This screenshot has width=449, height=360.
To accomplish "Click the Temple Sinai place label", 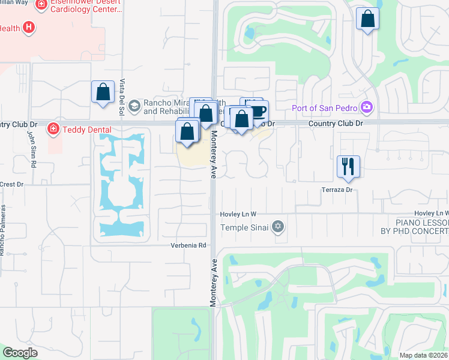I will click(245, 227).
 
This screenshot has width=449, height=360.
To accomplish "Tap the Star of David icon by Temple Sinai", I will click(277, 226).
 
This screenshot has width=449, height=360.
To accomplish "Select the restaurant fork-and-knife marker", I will click(348, 166).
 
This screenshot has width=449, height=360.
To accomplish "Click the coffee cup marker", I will click(258, 111).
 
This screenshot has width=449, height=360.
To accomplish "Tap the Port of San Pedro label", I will click(325, 108).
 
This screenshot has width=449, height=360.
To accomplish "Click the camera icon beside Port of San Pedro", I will click(367, 108).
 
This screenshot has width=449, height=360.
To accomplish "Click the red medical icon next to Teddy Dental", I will click(53, 128).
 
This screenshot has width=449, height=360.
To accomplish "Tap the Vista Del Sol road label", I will click(122, 97).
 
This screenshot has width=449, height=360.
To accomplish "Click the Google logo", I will click(20, 353).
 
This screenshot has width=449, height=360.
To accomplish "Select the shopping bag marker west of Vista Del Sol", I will click(103, 92).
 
